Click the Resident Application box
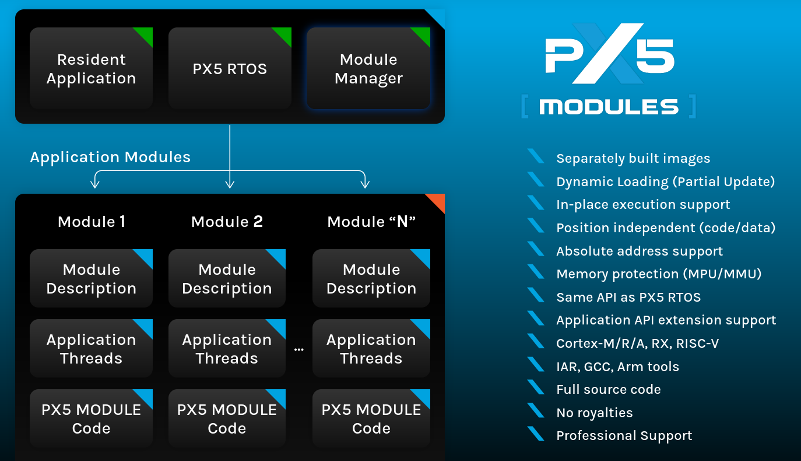click(x=91, y=68)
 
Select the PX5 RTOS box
click(x=230, y=68)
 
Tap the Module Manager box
click(x=368, y=68)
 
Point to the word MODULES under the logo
click(x=609, y=107)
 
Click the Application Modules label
click(x=110, y=157)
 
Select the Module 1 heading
click(x=92, y=222)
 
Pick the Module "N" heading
click(x=371, y=222)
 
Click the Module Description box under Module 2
click(x=227, y=278)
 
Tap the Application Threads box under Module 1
click(x=91, y=348)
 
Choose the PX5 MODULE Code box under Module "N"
click(x=371, y=418)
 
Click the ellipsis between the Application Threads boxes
click(x=299, y=350)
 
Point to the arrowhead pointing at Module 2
click(x=230, y=184)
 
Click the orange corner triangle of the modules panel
click(x=437, y=201)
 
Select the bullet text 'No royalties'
click(x=594, y=413)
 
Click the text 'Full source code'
click(x=609, y=389)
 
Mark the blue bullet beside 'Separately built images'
click(x=535, y=157)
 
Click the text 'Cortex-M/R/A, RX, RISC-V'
click(x=637, y=343)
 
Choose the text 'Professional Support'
click(x=624, y=435)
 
